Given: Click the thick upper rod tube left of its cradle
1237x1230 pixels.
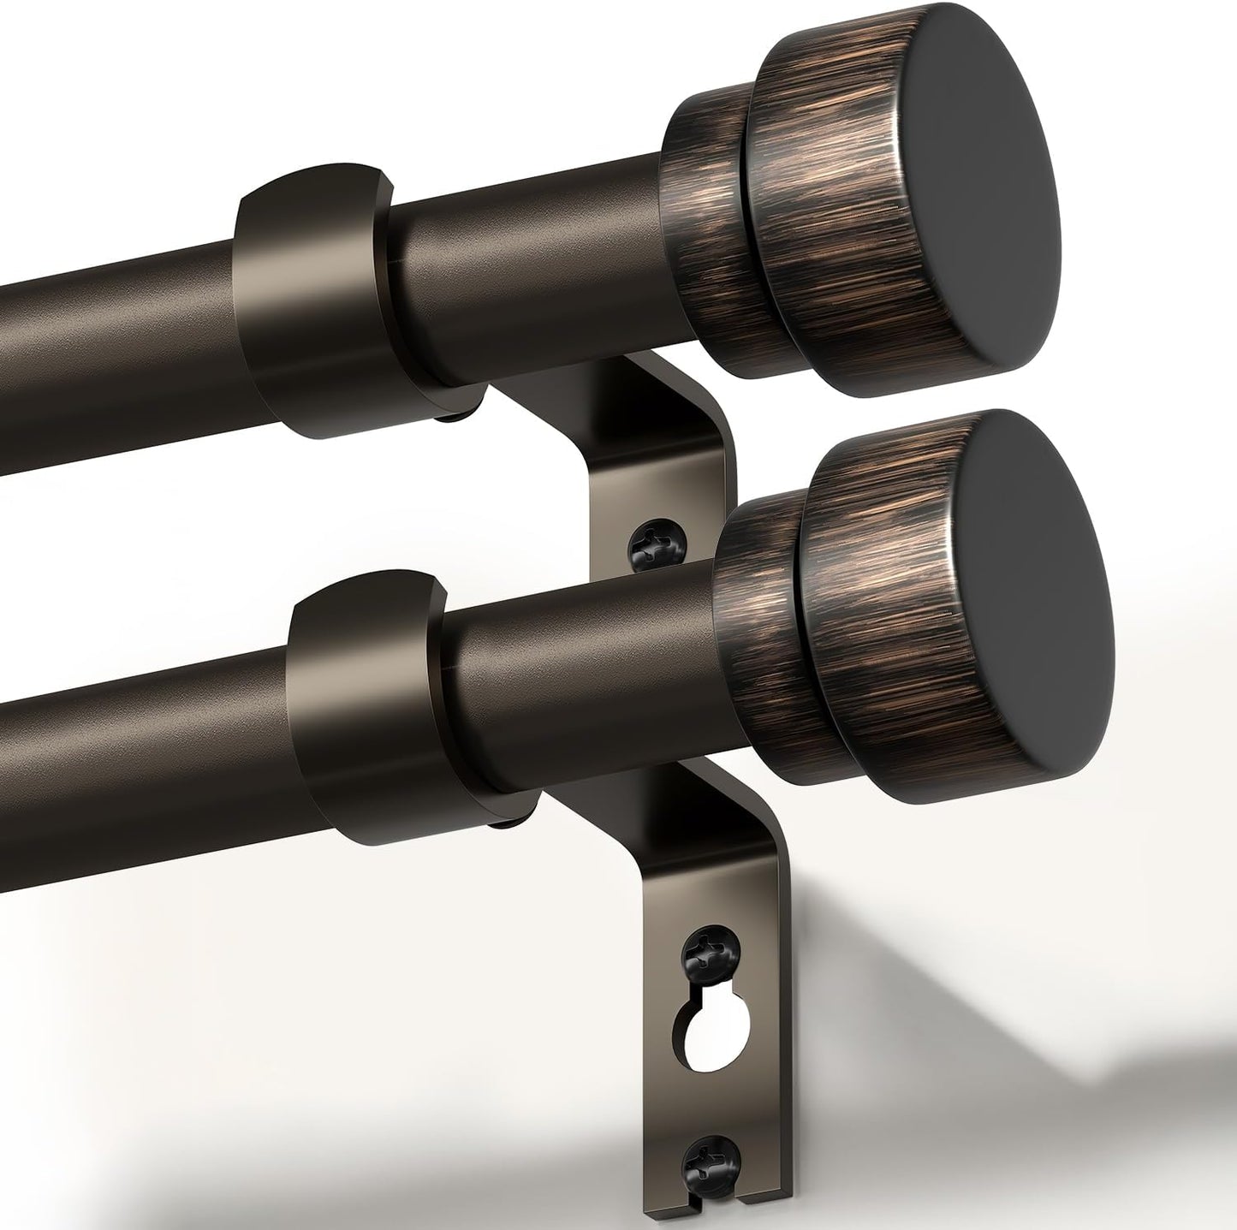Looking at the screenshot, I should [111, 342].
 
